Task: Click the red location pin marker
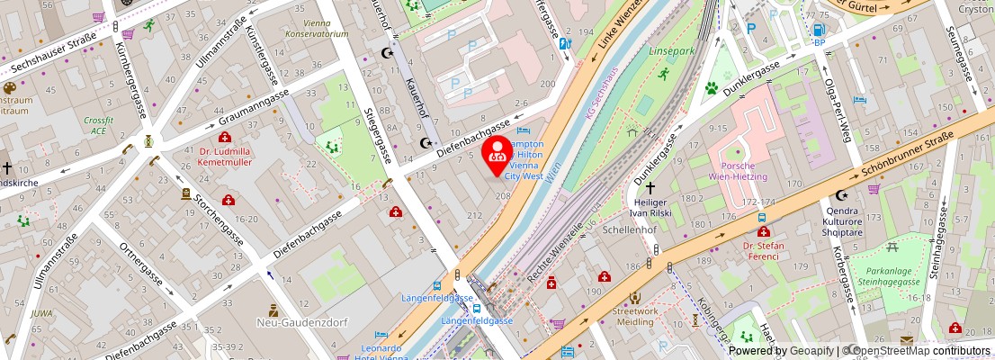click(496, 154)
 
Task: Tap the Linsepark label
click(671, 51)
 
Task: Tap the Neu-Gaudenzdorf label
click(273, 321)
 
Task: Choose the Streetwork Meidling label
click(635, 318)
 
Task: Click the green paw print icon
click(710, 88)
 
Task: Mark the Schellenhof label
click(626, 229)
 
